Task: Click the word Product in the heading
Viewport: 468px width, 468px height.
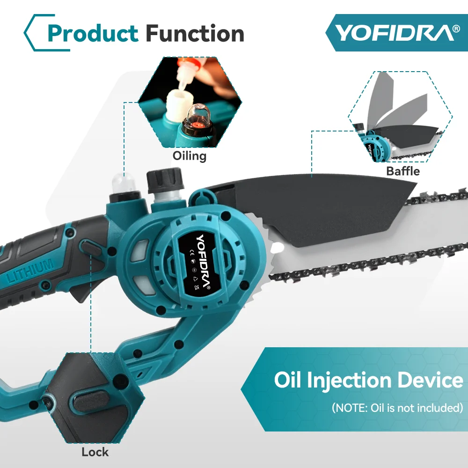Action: pyautogui.click(x=93, y=33)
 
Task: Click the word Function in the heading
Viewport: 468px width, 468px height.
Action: pyautogui.click(x=195, y=33)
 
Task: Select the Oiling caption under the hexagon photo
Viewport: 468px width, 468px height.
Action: pyautogui.click(x=190, y=156)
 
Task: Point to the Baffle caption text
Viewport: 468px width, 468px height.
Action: pyautogui.click(x=403, y=171)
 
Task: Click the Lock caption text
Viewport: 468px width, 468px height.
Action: pyautogui.click(x=95, y=452)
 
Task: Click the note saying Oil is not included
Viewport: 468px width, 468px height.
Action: pyautogui.click(x=398, y=408)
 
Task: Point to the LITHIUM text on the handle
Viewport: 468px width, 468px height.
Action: pyautogui.click(x=30, y=271)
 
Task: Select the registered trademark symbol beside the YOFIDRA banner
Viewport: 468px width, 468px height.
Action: pyautogui.click(x=456, y=29)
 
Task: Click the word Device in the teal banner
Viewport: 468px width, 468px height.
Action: pyautogui.click(x=431, y=380)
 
